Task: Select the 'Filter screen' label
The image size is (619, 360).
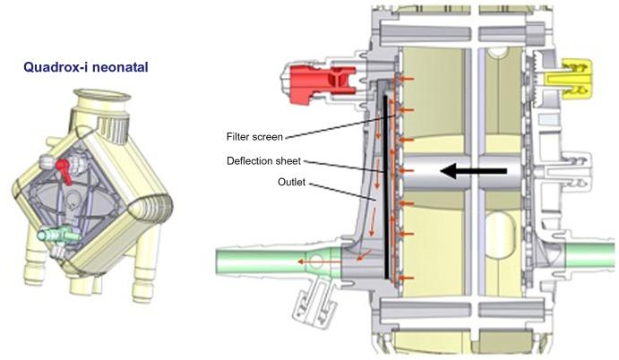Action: pyautogui.click(x=254, y=137)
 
